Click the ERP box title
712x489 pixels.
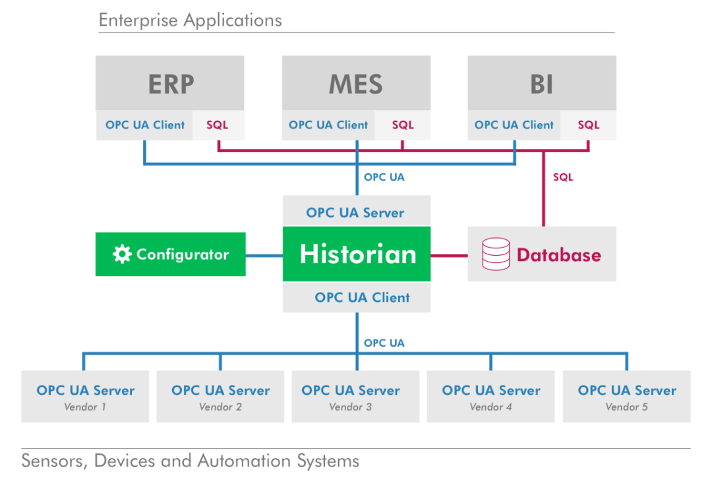click(x=171, y=84)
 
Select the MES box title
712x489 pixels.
click(x=356, y=84)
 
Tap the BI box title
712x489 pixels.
click(x=542, y=84)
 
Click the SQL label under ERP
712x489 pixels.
click(x=218, y=125)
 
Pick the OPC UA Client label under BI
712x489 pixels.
click(x=514, y=125)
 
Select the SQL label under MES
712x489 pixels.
click(x=403, y=125)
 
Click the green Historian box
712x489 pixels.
click(x=357, y=254)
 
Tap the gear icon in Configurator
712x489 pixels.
click(x=122, y=254)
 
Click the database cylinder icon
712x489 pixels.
click(x=496, y=254)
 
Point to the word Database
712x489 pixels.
click(x=559, y=255)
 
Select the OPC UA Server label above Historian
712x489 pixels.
click(x=355, y=212)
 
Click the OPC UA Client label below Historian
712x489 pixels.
click(x=362, y=297)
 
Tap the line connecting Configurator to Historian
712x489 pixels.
click(x=264, y=256)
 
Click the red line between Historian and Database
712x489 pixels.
click(x=449, y=256)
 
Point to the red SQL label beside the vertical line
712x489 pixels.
click(x=563, y=177)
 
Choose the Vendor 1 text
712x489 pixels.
click(x=85, y=407)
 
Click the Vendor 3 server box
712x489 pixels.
click(x=355, y=396)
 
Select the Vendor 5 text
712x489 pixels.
click(x=627, y=407)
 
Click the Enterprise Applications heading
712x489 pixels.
click(x=191, y=20)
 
